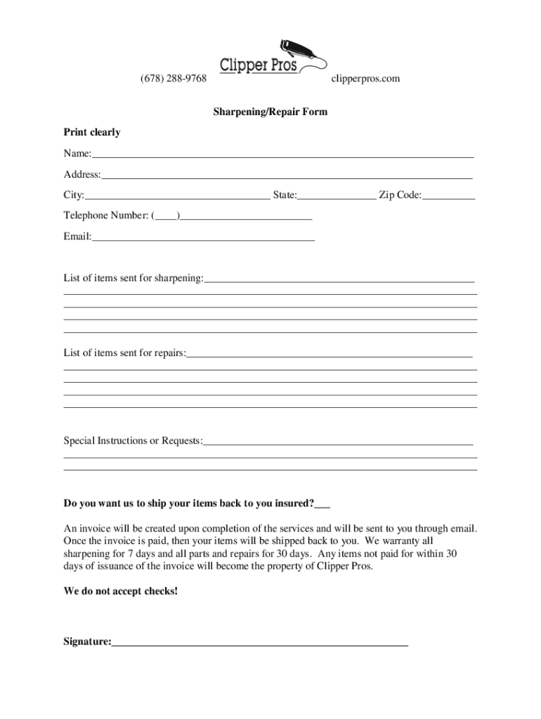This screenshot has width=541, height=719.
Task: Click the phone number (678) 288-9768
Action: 174,79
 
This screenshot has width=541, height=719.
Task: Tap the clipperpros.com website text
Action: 365,79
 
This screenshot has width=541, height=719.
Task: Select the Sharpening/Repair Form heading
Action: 270,112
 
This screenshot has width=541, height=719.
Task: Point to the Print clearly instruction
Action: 92,132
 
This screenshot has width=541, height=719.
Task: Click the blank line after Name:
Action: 282,154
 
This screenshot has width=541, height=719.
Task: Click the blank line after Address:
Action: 287,176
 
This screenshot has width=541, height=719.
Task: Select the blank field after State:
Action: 337,197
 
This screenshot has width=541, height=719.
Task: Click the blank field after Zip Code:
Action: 448,197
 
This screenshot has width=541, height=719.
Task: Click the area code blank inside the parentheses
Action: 166,217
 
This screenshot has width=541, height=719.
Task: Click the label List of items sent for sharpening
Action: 133,279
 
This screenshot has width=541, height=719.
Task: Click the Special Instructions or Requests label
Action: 132,441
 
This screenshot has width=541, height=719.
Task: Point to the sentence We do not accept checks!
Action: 121,591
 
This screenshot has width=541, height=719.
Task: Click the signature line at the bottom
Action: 259,642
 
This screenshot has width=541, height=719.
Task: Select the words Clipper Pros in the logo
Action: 259,65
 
